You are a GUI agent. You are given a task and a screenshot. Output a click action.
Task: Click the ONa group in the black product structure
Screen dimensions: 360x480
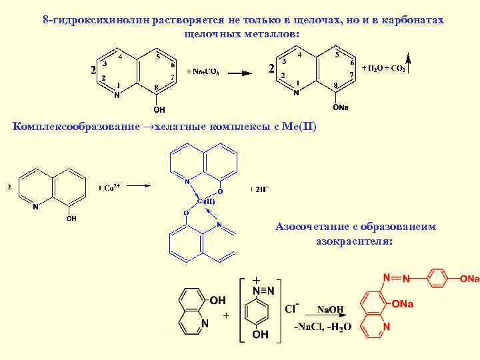coord(341,107)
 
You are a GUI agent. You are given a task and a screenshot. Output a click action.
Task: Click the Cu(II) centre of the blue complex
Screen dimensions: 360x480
coord(205,201)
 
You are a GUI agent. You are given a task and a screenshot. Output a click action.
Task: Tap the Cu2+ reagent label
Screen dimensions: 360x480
coord(110,188)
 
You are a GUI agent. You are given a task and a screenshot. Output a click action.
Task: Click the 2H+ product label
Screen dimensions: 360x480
coord(261,189)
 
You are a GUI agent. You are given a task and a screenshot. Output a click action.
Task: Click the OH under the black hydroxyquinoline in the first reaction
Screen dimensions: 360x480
coord(159,108)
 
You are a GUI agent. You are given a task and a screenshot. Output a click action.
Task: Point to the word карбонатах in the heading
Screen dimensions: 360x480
coord(416,20)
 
